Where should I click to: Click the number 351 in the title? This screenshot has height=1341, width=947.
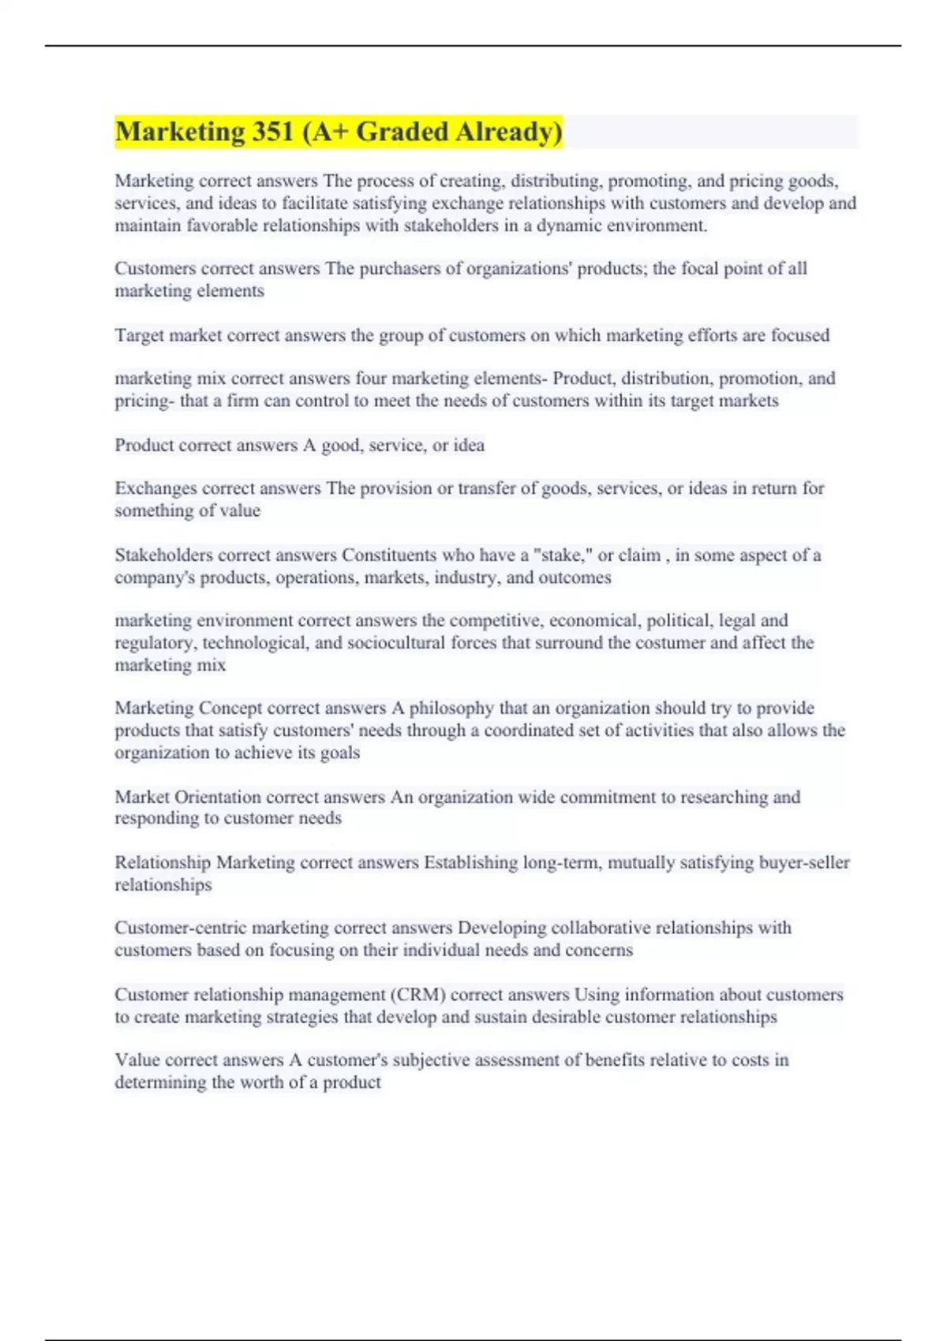273,132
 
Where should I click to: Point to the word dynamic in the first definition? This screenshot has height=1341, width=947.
569,226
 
